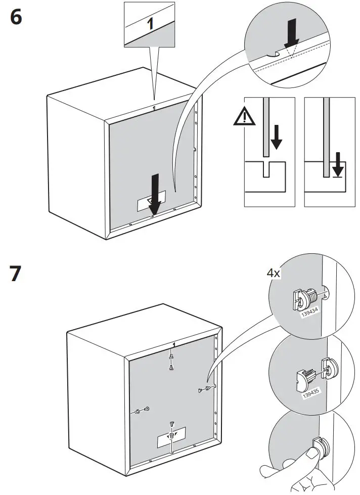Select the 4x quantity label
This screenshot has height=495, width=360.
coord(274,273)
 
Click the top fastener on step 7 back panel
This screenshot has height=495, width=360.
coord(172,361)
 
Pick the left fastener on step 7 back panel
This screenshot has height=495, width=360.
coord(143,410)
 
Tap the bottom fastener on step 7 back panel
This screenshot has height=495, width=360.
coord(172,430)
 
